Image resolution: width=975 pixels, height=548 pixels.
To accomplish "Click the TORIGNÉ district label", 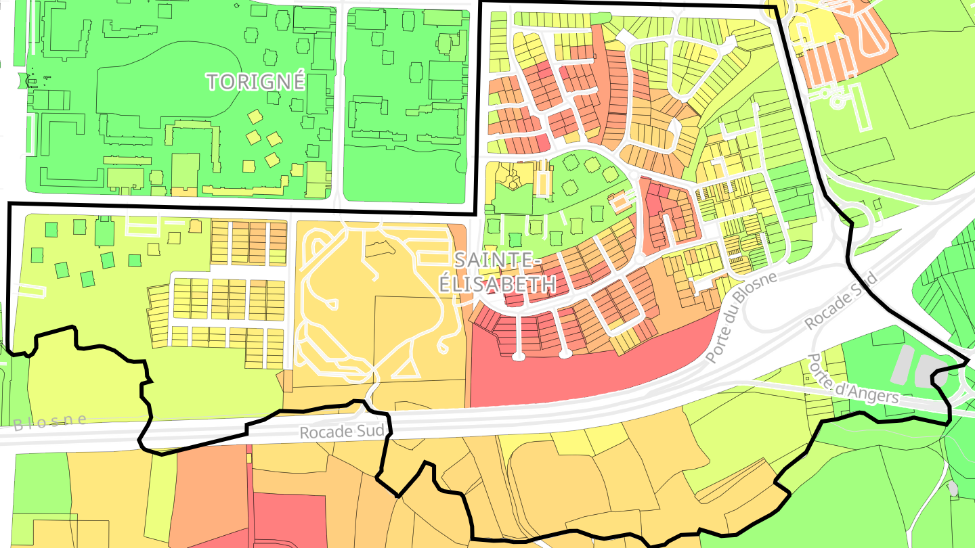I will (x=256, y=82).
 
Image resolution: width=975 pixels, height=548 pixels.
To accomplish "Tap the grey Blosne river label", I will (x=50, y=422).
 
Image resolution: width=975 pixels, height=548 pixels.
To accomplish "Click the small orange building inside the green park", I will (x=617, y=202).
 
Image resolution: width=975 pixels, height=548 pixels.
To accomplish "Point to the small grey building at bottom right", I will (x=953, y=488).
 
